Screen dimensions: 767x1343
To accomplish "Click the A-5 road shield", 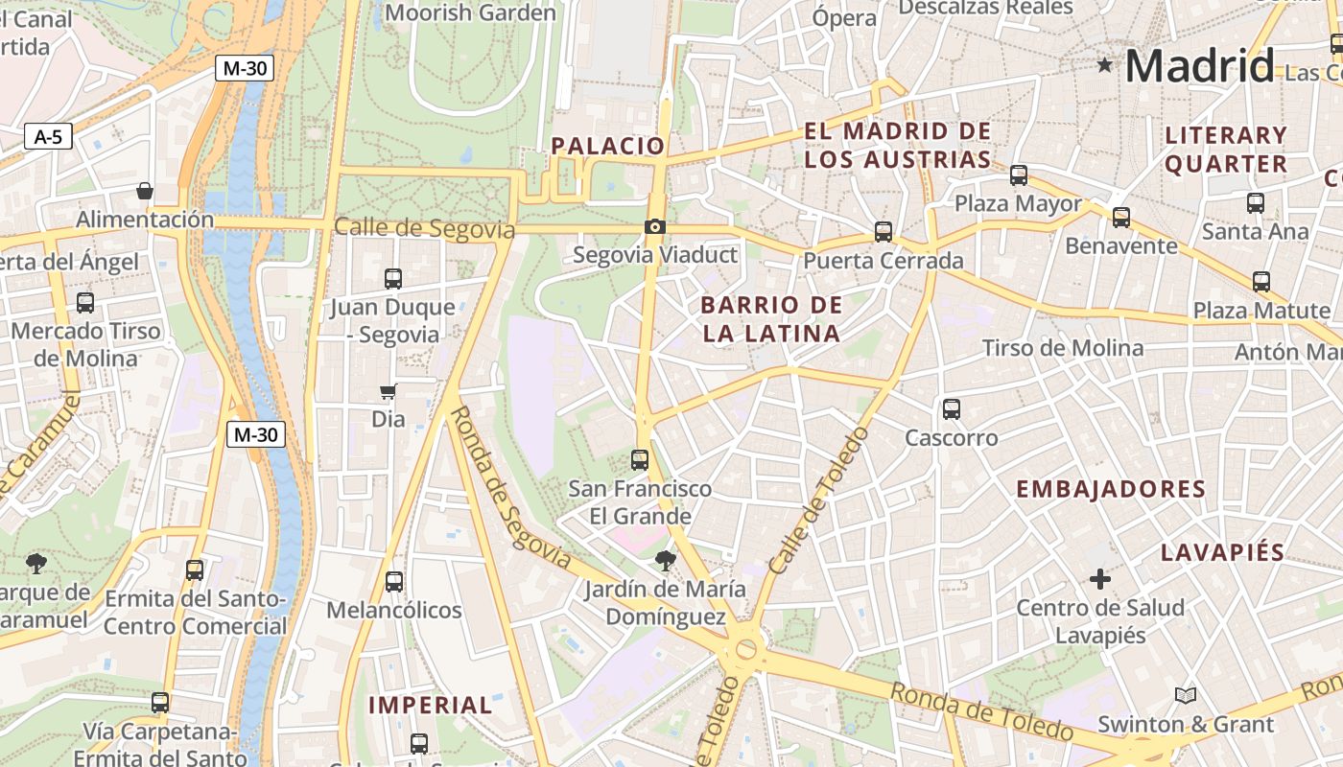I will (48, 137).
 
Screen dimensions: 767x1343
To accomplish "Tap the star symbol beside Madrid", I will (1105, 65).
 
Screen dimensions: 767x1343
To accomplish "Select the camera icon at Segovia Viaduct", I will (655, 226).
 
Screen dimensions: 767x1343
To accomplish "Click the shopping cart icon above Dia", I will (389, 391).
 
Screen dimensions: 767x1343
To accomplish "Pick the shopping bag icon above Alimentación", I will (145, 191).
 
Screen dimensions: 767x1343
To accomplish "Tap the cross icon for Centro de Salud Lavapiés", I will (1100, 579).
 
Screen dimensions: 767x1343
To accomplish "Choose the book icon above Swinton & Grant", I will (1186, 695).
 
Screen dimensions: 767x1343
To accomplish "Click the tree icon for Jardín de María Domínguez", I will (664, 560).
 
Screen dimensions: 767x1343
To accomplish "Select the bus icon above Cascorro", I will (952, 409).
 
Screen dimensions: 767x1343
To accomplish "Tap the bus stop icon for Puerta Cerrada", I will (884, 232).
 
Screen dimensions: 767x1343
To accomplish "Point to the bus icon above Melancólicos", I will (393, 582).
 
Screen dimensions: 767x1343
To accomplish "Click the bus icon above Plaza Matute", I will (1261, 282).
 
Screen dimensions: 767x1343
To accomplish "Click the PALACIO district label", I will (607, 146).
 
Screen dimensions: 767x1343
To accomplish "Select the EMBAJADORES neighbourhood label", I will (1111, 489).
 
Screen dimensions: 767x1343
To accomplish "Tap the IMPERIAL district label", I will (431, 706).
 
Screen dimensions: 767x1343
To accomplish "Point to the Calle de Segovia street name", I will (424, 229).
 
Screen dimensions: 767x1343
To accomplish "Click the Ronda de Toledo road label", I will (981, 710).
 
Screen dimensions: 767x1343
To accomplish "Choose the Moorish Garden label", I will (470, 13).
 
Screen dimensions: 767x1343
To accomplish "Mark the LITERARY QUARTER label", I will (1226, 150).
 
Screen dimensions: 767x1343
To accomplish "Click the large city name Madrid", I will (1199, 66).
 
